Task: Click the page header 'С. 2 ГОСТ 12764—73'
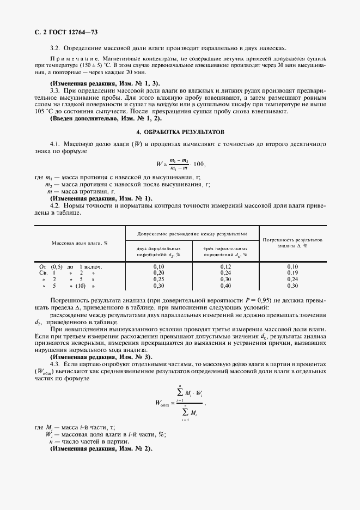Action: (x=62, y=34)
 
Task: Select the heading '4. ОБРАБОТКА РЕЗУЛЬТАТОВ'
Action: (x=180, y=132)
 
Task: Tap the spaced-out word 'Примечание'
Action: (x=71, y=58)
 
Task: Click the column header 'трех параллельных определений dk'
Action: (x=225, y=251)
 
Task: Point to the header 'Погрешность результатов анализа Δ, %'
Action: (x=292, y=242)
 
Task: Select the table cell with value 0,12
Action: (x=225, y=266)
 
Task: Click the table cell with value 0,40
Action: (x=225, y=285)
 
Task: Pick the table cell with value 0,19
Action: (x=292, y=272)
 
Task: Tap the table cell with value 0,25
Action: (x=158, y=279)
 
